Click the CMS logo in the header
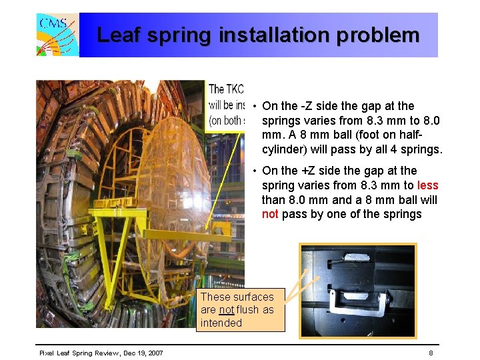pyautogui.click(x=57, y=35)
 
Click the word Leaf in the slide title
pyautogui.click(x=120, y=35)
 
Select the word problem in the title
pyautogui.click(x=378, y=35)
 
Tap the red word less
pyautogui.click(x=427, y=185)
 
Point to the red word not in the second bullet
pyautogui.click(x=270, y=214)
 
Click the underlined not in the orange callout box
pyautogui.click(x=227, y=310)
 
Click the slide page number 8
pyautogui.click(x=431, y=352)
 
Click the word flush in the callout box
pyautogui.click(x=247, y=310)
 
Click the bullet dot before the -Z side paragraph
pyautogui.click(x=255, y=106)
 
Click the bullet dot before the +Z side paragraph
pyautogui.click(x=255, y=171)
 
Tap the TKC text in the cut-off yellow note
pyautogui.click(x=234, y=89)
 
